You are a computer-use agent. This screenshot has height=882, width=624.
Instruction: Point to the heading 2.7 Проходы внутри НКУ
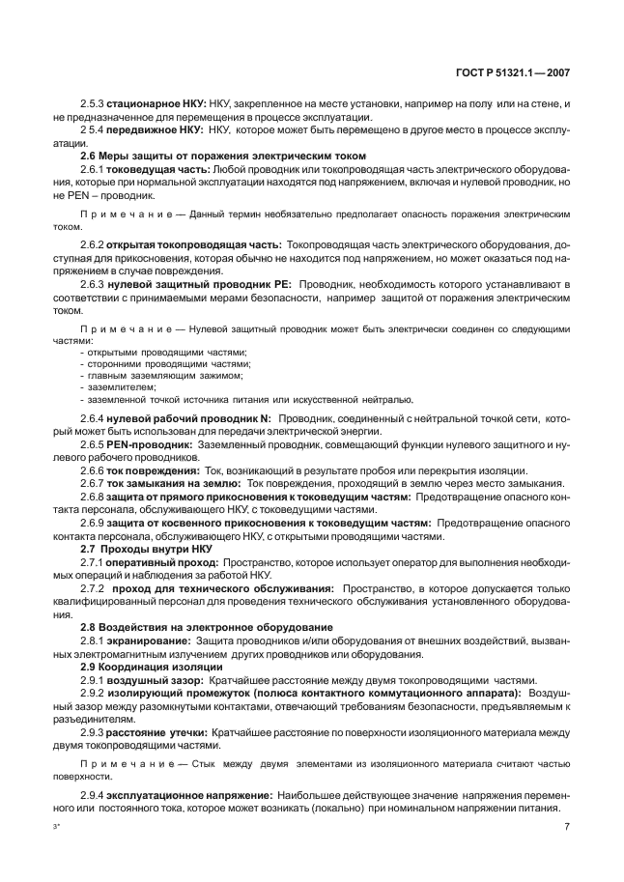140,549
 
